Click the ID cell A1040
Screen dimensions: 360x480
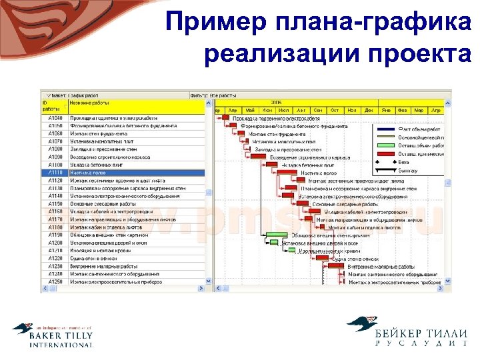(x=55, y=118)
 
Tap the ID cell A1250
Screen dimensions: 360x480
(x=55, y=282)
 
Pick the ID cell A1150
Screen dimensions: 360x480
(x=55, y=204)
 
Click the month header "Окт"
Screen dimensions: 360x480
(x=334, y=111)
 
